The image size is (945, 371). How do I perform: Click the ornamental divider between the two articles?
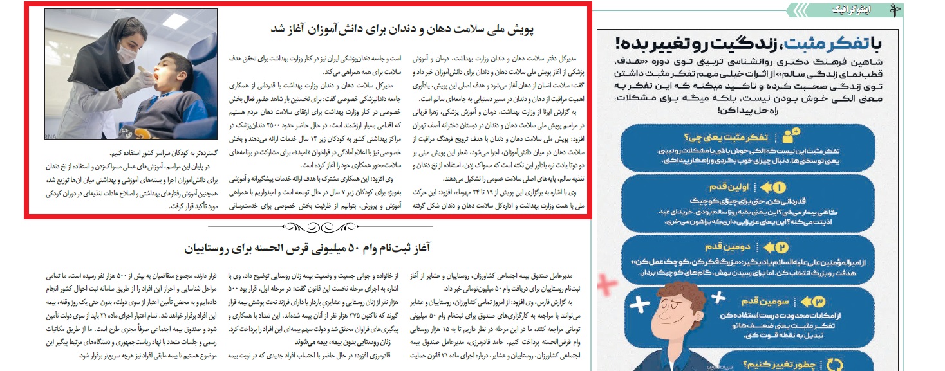[306, 226]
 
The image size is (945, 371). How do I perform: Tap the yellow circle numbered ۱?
[778, 188]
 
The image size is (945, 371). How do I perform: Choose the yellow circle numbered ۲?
[781, 247]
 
